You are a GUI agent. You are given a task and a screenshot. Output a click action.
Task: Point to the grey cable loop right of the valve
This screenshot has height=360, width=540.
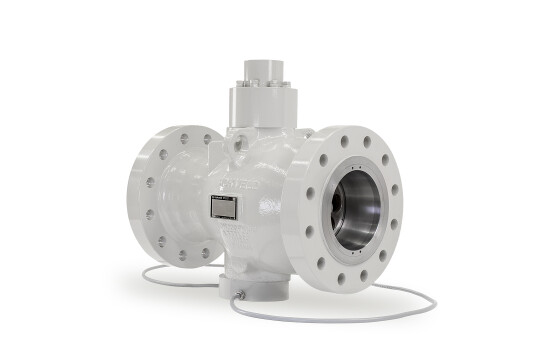tap(420, 300)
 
